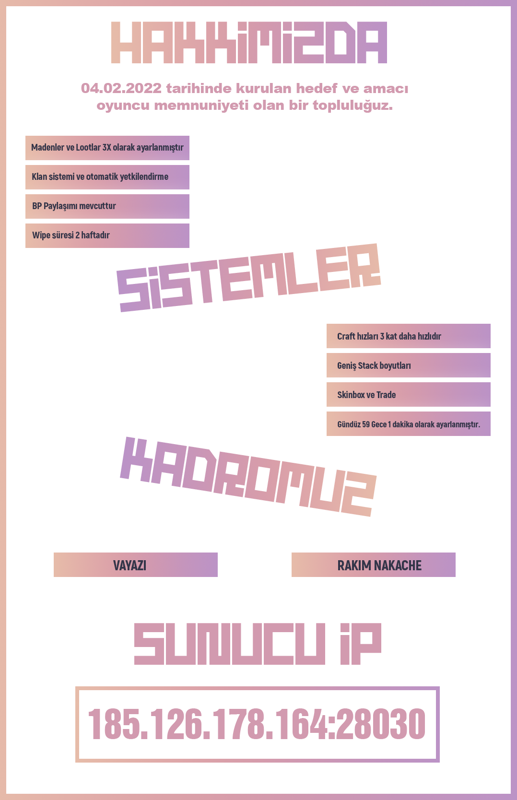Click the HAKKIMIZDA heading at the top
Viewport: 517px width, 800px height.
pyautogui.click(x=249, y=43)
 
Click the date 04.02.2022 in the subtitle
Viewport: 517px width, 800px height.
pyautogui.click(x=121, y=88)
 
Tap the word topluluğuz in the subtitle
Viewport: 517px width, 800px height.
pyautogui.click(x=353, y=106)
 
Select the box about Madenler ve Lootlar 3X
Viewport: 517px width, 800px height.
pyautogui.click(x=107, y=148)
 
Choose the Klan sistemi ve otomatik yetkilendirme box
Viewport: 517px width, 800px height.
pyautogui.click(x=107, y=177)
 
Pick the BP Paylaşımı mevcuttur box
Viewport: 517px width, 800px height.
pyautogui.click(x=107, y=206)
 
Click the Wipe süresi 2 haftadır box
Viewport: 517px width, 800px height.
pyautogui.click(x=107, y=235)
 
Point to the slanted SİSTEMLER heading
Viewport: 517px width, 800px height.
pyautogui.click(x=249, y=278)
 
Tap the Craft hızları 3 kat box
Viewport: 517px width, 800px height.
pyautogui.click(x=409, y=336)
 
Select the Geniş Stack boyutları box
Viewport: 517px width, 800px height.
pyautogui.click(x=409, y=365)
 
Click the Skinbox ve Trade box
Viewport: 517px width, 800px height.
pyautogui.click(x=409, y=395)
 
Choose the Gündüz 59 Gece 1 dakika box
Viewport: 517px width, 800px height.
pyautogui.click(x=409, y=424)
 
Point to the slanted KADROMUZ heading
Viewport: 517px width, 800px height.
pyautogui.click(x=248, y=477)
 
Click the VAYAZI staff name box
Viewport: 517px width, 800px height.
pyautogui.click(x=136, y=565)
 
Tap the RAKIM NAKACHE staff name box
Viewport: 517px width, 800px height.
pyautogui.click(x=374, y=565)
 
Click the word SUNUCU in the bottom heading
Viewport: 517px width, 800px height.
pyautogui.click(x=230, y=644)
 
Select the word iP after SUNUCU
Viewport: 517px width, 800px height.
pyautogui.click(x=361, y=644)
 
